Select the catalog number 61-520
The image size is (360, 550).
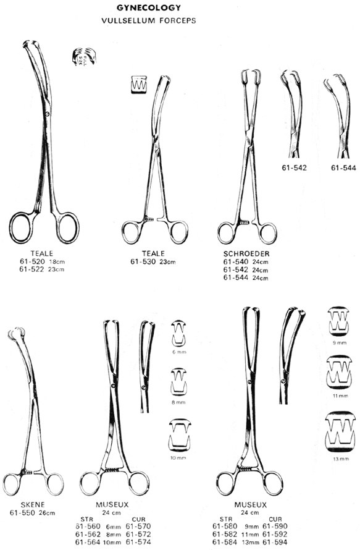point(32,261)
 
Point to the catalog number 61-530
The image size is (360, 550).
point(143,261)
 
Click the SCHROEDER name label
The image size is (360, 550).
point(246,253)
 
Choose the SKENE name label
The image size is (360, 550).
point(33,505)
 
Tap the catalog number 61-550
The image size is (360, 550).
point(22,513)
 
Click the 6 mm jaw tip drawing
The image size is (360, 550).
point(178,332)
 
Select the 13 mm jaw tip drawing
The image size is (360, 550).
point(340,432)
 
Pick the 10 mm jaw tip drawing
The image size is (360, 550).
point(180,435)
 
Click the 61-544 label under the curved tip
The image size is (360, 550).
point(343,168)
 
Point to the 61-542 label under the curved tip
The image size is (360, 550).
point(294,167)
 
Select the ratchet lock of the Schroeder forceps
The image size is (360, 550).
point(244,222)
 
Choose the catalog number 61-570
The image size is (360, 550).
point(138,526)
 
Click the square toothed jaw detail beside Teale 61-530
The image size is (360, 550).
point(139,85)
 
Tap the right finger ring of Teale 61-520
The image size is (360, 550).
point(67,227)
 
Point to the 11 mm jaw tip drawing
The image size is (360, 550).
point(340,373)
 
